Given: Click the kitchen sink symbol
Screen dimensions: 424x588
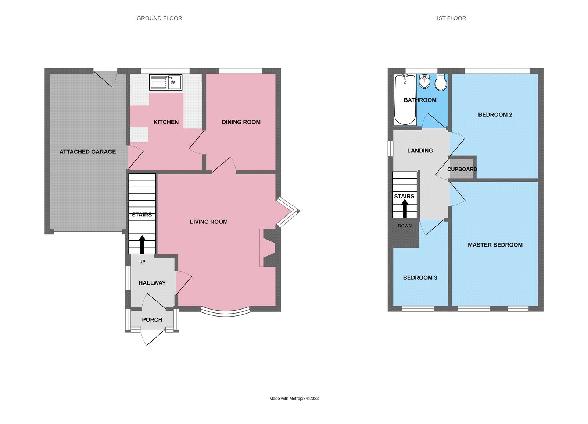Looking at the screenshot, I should [165, 82].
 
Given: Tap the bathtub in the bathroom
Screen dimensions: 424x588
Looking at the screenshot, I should [405, 100].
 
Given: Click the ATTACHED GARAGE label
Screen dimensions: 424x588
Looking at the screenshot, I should [87, 152].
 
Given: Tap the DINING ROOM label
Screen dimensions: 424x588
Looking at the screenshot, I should [241, 122].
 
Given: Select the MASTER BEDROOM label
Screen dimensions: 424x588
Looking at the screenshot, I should [495, 245].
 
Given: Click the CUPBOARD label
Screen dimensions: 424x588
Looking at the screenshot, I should [462, 169].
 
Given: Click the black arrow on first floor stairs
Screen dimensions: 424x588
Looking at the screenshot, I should [405, 208].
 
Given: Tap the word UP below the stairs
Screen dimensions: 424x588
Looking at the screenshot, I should [142, 262].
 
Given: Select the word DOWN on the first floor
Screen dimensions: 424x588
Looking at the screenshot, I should [405, 226].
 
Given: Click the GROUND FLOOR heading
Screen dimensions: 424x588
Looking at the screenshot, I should [159, 18].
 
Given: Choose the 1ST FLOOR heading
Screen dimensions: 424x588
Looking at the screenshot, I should [451, 18].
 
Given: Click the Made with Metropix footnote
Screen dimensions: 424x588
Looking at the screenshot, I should [294, 399].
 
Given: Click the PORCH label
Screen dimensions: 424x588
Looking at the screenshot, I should [152, 320].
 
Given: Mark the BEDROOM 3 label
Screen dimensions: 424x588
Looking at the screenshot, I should [420, 278].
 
